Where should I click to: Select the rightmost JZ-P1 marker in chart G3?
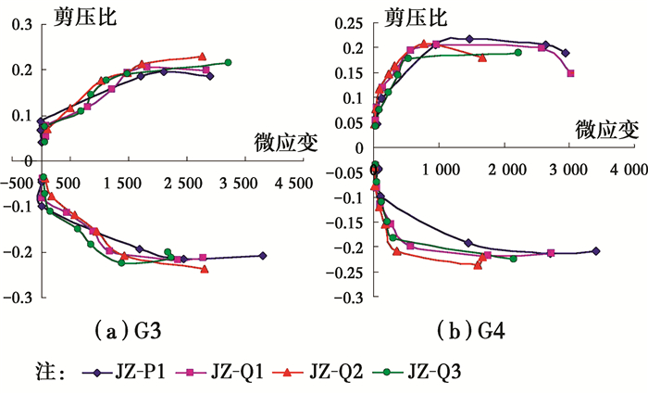263,256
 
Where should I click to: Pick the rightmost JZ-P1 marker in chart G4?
595,251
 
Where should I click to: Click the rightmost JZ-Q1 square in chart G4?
570,73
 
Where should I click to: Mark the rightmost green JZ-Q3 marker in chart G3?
228,62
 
